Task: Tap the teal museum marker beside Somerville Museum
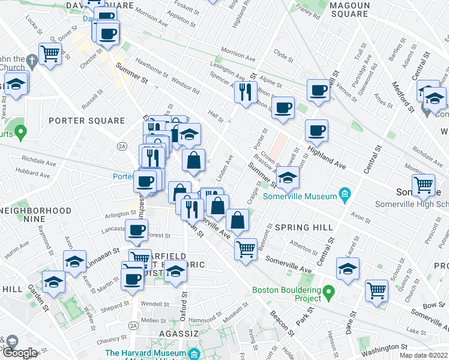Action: pyautogui.click(x=345, y=193)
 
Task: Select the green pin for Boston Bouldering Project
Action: pyautogui.click(x=328, y=293)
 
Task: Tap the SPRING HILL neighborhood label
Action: pyautogui.click(x=300, y=227)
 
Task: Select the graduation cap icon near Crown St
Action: pyautogui.click(x=288, y=178)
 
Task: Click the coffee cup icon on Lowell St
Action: pyautogui.click(x=318, y=90)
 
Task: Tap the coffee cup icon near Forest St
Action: pyautogui.click(x=136, y=229)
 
